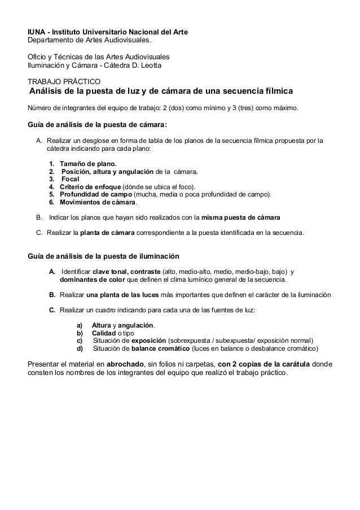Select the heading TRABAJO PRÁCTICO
(65, 81)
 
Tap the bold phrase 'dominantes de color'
(90, 279)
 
